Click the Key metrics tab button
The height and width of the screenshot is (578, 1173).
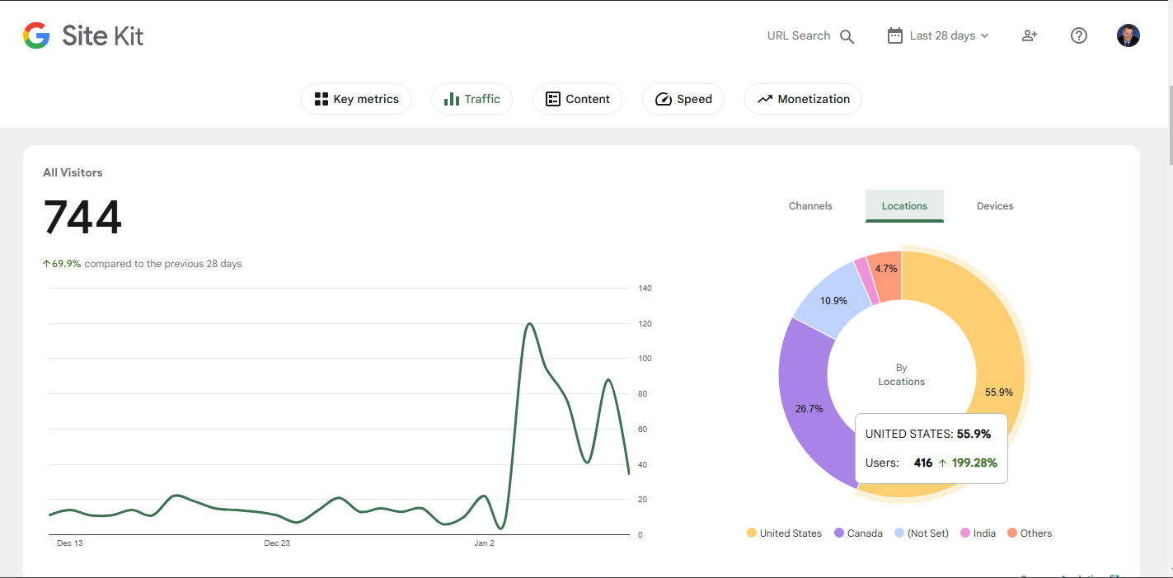(x=356, y=99)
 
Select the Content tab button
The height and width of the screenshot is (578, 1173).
(x=577, y=99)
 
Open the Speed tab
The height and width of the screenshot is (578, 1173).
(x=683, y=99)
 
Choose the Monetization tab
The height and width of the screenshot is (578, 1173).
(x=803, y=99)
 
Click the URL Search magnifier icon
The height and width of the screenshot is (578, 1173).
(x=847, y=36)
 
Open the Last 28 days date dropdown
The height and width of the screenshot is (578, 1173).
(x=938, y=36)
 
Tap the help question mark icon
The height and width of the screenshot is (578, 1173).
(x=1078, y=35)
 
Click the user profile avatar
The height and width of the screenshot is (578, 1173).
(x=1128, y=35)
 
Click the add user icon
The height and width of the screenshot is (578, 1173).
(x=1029, y=35)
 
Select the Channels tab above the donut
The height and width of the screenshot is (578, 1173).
(x=810, y=206)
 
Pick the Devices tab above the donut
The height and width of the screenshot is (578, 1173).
(x=994, y=206)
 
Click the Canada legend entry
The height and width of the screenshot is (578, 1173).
(x=858, y=533)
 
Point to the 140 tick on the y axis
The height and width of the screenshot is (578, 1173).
(x=645, y=289)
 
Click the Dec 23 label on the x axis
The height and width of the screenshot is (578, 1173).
(x=277, y=543)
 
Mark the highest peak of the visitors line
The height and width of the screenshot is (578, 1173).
(x=528, y=323)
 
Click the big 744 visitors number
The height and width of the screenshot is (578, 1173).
(x=82, y=218)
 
